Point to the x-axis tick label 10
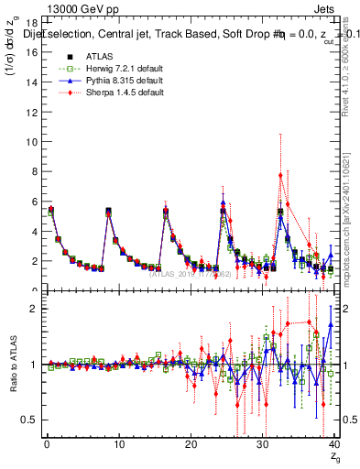pyautogui.click(x=118, y=447)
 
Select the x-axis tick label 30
pyautogui.click(x=262, y=447)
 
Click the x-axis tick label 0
pyautogui.click(x=47, y=447)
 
